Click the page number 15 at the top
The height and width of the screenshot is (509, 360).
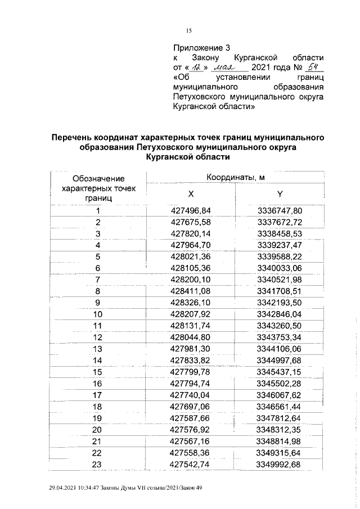click(189, 31)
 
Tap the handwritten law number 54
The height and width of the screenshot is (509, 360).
click(307, 67)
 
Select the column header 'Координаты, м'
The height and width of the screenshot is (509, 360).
click(235, 178)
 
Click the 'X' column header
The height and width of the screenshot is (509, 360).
click(191, 194)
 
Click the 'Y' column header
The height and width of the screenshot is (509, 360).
click(280, 194)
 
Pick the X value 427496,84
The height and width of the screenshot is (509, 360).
click(190, 211)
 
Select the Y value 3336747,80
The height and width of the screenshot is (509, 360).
click(280, 211)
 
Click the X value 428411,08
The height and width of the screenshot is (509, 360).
click(190, 291)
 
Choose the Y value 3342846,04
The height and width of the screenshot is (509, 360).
click(280, 314)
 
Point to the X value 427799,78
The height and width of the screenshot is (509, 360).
click(190, 372)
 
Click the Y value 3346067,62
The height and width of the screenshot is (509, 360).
click(280, 395)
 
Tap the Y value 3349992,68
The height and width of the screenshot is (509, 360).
click(280, 464)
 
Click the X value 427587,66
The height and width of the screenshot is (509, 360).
click(190, 418)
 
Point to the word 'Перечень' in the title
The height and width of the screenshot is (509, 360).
click(73, 137)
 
